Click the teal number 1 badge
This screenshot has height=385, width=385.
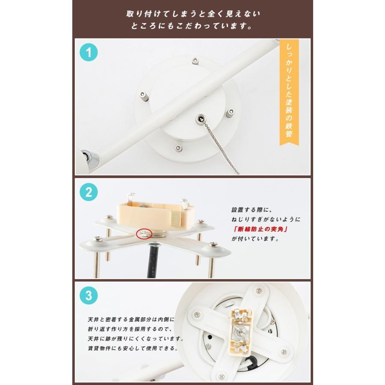pos(88,53)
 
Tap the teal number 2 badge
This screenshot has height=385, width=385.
pos(88,192)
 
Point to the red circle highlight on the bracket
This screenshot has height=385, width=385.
pos(143,234)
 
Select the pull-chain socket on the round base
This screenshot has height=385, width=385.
pos(201,118)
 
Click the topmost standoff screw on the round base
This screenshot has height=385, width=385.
pos(195,60)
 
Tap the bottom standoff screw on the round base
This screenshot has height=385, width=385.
pos(177,148)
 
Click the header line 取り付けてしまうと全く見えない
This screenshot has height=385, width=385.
pos(192,14)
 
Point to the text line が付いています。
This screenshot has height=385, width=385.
pos(255,240)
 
